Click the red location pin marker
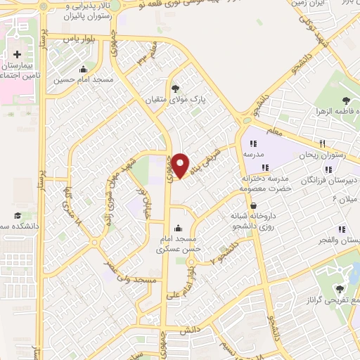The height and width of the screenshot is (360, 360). [x=181, y=165]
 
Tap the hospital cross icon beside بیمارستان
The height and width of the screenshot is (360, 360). [x=17, y=55]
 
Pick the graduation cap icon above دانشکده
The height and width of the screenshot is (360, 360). [x=17, y=217]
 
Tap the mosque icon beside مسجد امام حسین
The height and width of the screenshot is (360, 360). [x=84, y=69]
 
